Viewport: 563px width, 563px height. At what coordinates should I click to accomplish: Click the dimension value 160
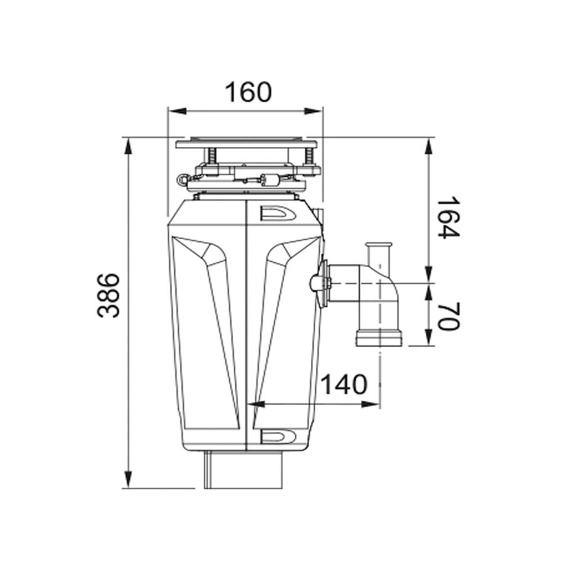(248, 92)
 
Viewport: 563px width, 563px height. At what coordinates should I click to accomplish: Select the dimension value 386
(108, 296)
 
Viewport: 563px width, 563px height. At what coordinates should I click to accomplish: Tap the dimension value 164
(448, 217)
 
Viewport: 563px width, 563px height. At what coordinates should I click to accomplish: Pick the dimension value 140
(343, 385)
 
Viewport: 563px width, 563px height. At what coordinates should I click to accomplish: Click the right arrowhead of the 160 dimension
(313, 111)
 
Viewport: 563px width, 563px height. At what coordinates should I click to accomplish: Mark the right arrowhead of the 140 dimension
(370, 404)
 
